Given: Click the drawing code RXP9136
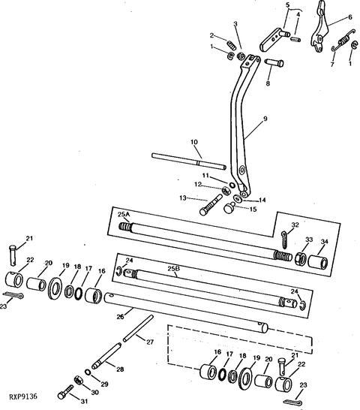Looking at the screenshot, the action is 23,396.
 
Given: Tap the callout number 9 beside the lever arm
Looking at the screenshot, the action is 265,119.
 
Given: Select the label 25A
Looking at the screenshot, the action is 124,214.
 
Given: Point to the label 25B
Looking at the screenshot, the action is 174,269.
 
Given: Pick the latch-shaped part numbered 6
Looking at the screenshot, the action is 319,26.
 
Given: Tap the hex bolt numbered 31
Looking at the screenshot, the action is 65,392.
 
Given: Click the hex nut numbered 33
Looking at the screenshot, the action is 301,258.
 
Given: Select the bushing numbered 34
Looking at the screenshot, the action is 318,262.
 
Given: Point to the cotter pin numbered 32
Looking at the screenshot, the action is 284,240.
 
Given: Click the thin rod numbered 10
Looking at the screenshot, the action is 188,161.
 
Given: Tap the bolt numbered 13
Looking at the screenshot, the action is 211,205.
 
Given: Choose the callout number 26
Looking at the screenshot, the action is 120,317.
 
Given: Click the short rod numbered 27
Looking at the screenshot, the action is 138,329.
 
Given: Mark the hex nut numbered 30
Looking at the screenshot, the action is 78,380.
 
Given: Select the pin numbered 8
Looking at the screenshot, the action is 274,63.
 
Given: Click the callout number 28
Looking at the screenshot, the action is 120,369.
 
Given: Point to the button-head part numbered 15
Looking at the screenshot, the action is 229,209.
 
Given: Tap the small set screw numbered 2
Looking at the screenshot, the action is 232,45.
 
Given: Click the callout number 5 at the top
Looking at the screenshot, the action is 288,5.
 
